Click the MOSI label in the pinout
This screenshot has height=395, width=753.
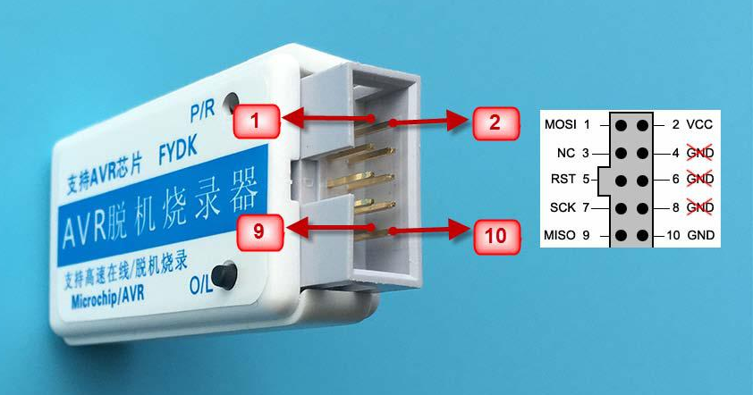[560, 125]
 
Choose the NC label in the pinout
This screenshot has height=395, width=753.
[567, 153]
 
